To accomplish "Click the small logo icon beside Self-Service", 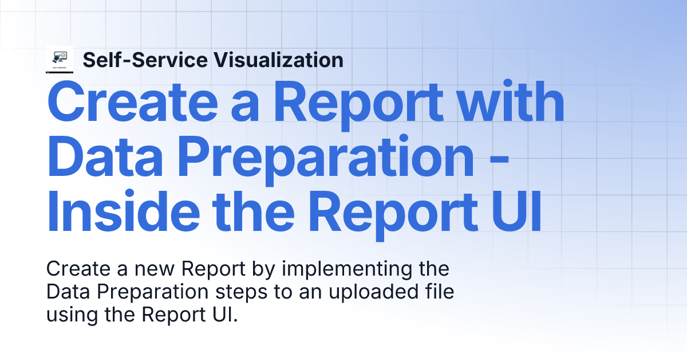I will tap(60, 60).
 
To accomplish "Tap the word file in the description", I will tap(440, 291).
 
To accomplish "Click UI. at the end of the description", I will tap(224, 315).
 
